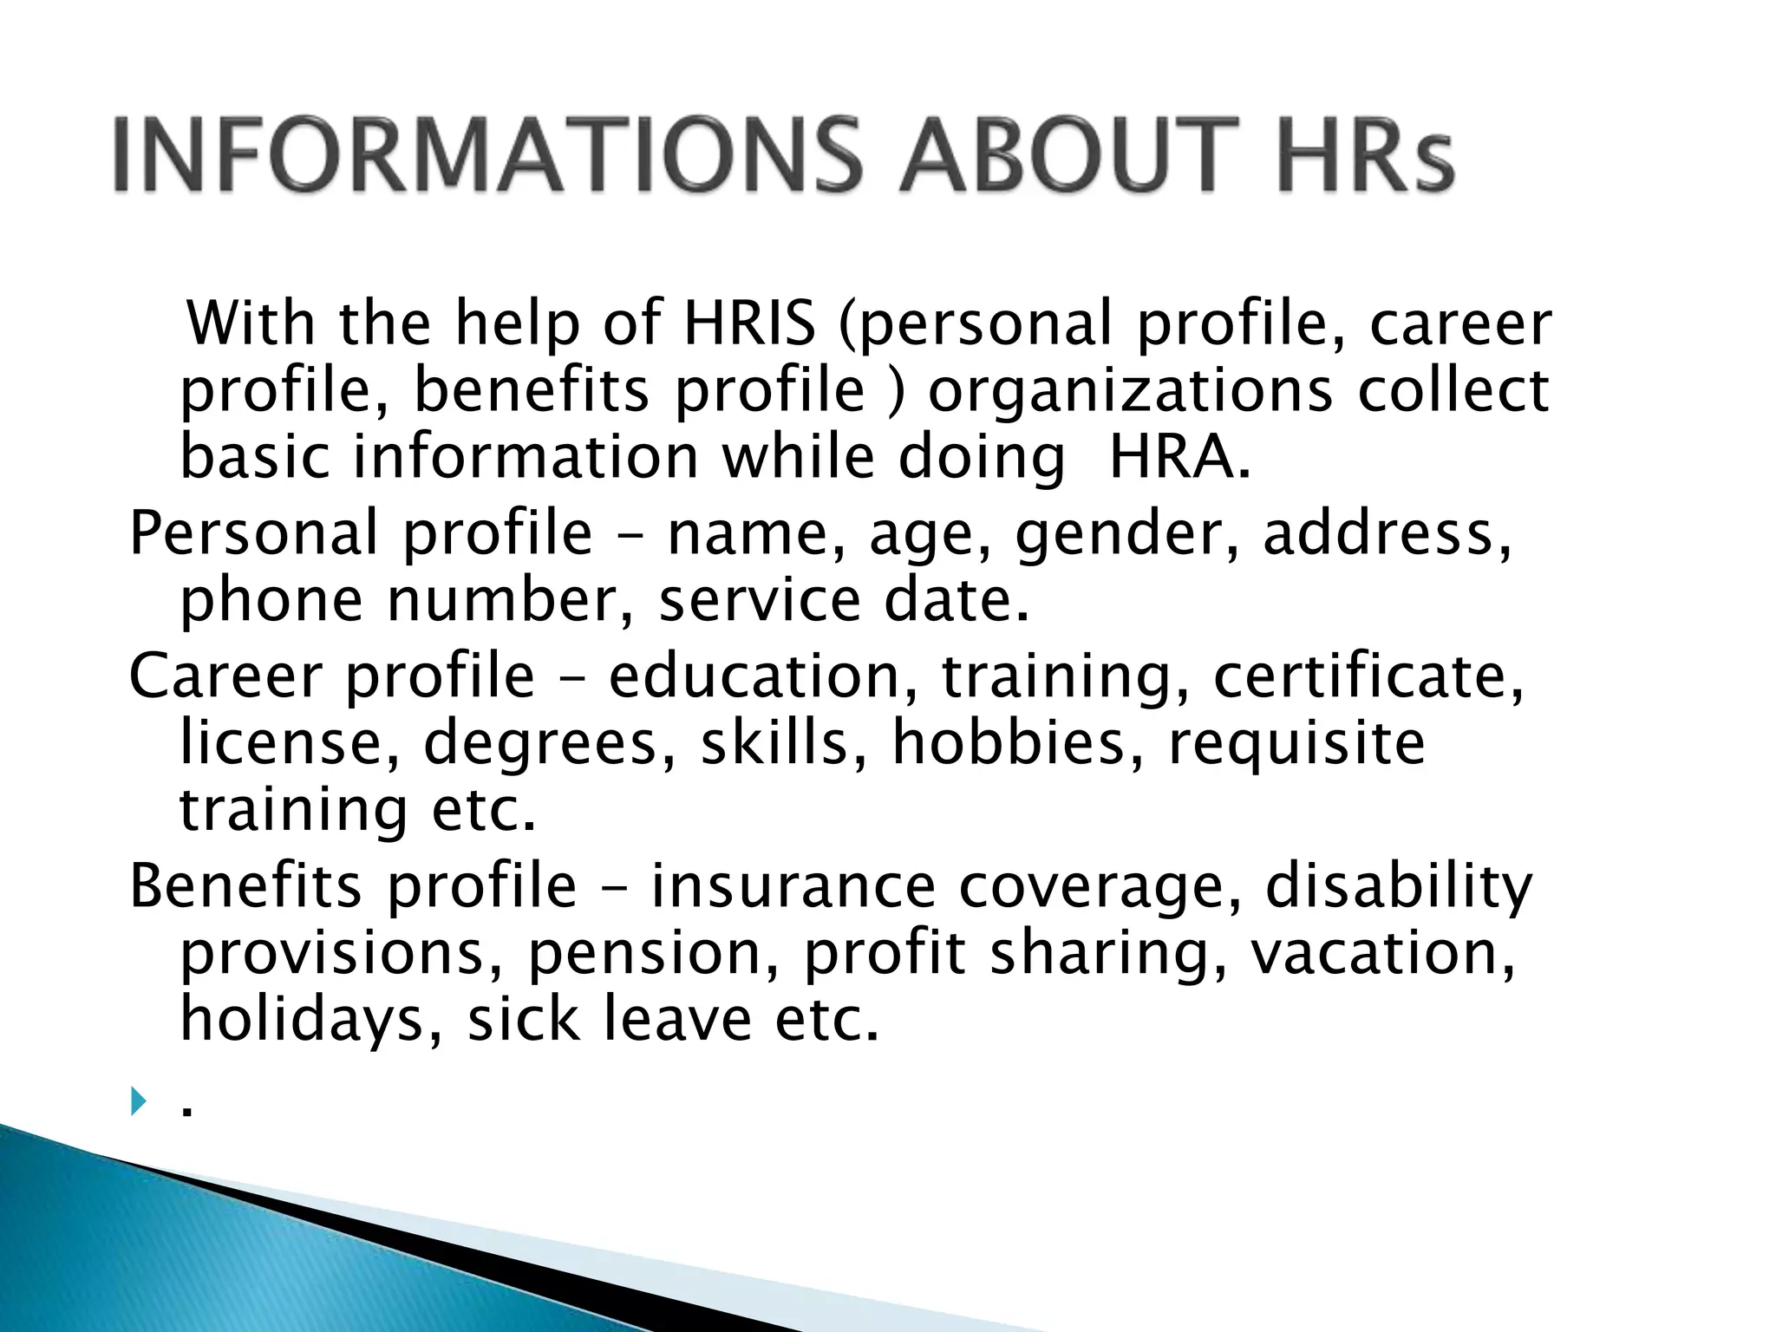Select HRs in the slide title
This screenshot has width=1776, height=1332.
pyautogui.click(x=1364, y=156)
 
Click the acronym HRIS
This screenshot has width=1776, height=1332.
pyautogui.click(x=749, y=323)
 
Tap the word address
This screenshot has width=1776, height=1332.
pyautogui.click(x=1387, y=533)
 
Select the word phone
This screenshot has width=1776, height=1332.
pyautogui.click(x=271, y=601)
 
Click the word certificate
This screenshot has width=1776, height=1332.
pyautogui.click(x=1368, y=676)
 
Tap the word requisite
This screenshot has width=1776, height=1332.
pyautogui.click(x=1296, y=743)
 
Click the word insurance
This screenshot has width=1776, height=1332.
pyautogui.click(x=793, y=886)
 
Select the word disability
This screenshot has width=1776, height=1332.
pyautogui.click(x=1399, y=886)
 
